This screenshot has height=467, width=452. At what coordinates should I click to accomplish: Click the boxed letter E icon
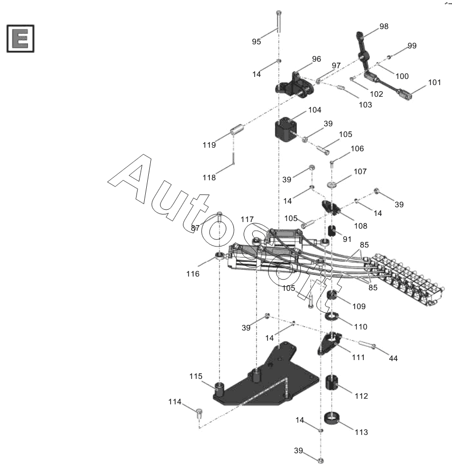tap(20, 38)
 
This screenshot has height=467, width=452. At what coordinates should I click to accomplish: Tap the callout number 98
tap(383, 26)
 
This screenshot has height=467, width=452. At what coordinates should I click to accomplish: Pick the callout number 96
tap(316, 59)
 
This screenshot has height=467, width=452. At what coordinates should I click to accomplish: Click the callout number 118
tap(209, 178)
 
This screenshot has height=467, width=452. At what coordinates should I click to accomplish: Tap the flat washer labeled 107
tap(333, 185)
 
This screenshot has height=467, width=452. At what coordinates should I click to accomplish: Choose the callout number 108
tap(360, 226)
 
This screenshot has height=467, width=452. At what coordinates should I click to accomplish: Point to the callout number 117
tap(247, 219)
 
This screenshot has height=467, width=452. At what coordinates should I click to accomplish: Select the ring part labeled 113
tap(332, 420)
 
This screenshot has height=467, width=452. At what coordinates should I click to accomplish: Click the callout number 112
tap(361, 396)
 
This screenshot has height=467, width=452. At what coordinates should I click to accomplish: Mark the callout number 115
tap(196, 376)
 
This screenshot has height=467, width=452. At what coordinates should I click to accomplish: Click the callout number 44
tap(393, 359)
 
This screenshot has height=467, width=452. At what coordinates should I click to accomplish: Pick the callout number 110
tap(361, 326)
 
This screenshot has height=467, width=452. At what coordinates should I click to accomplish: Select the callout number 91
tap(347, 239)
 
